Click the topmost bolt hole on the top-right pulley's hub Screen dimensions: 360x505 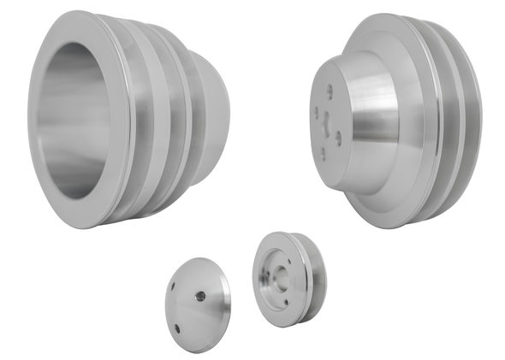[x=330, y=87]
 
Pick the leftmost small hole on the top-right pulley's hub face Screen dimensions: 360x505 [x=317, y=109]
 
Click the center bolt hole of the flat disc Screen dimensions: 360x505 [x=199, y=296]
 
